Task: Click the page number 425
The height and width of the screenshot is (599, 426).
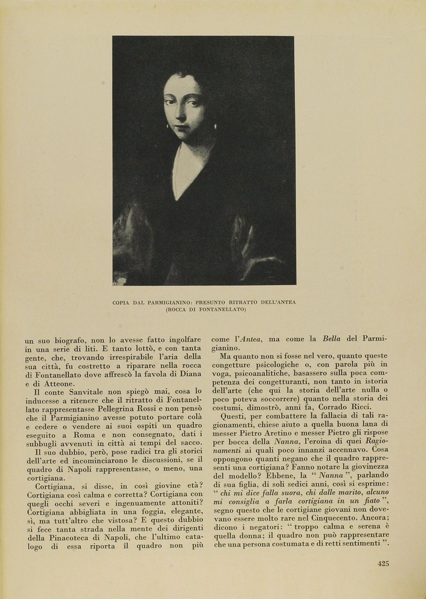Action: pos(383,563)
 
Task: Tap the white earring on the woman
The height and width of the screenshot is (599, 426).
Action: pos(215,126)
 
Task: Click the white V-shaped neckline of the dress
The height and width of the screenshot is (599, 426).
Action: pos(186,171)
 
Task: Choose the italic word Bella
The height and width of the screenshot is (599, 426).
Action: pos(331,339)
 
